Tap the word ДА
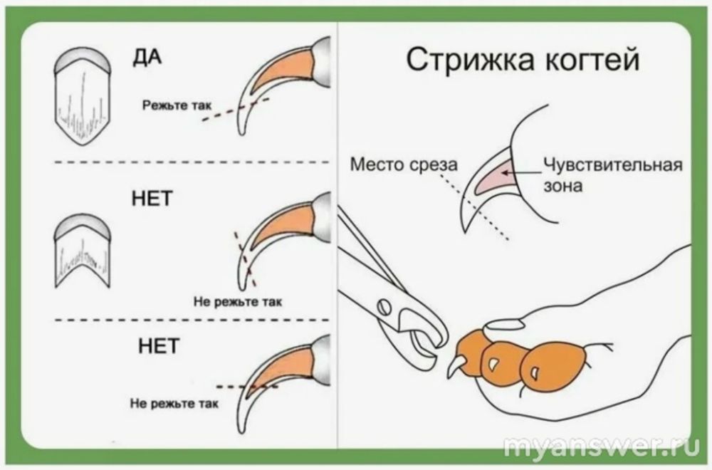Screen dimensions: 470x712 (147, 58)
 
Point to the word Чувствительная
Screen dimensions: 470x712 (612, 165)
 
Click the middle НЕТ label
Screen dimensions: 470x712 (152, 199)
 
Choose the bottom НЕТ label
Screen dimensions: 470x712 (157, 347)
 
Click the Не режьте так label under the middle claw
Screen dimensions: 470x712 (238, 301)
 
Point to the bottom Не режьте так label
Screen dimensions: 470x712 (174, 403)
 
